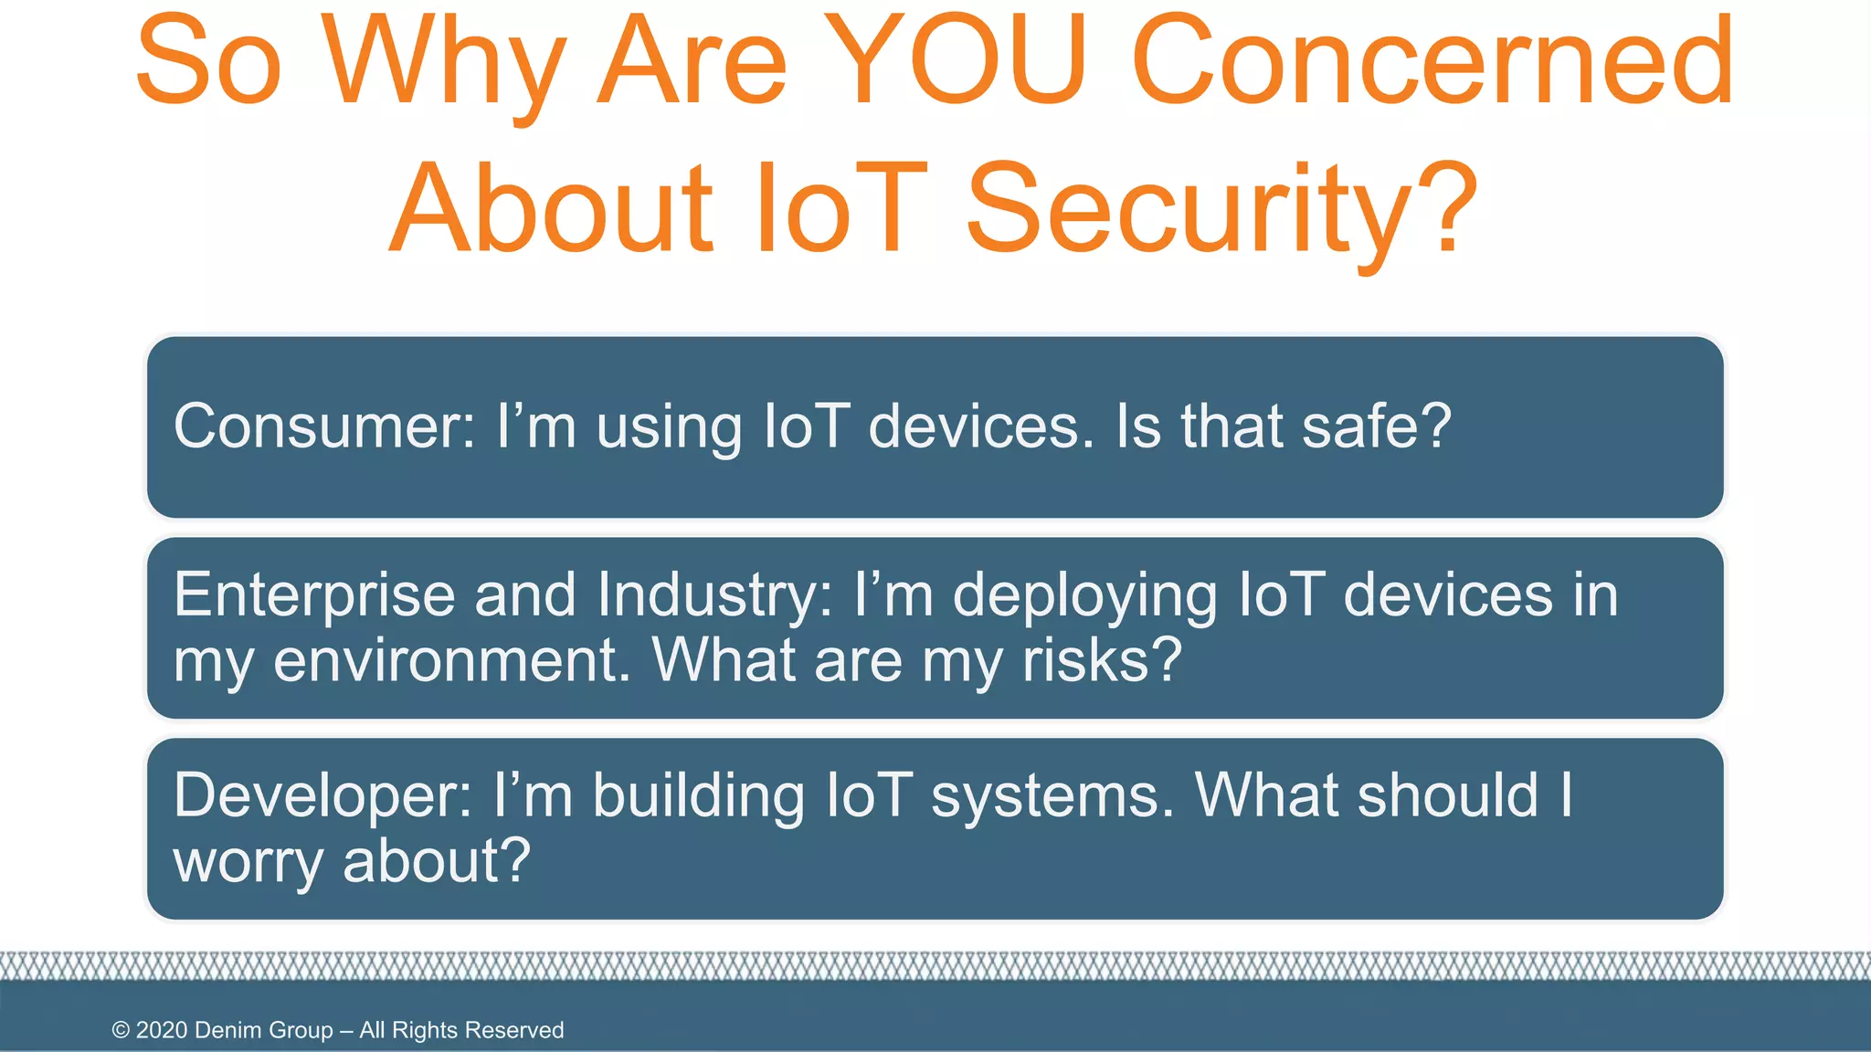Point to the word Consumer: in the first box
(x=324, y=426)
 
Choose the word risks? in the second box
(x=1102, y=660)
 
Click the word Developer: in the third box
(x=322, y=795)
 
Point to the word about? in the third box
(x=436, y=860)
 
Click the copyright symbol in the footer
(x=121, y=1030)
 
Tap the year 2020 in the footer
(x=162, y=1030)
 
